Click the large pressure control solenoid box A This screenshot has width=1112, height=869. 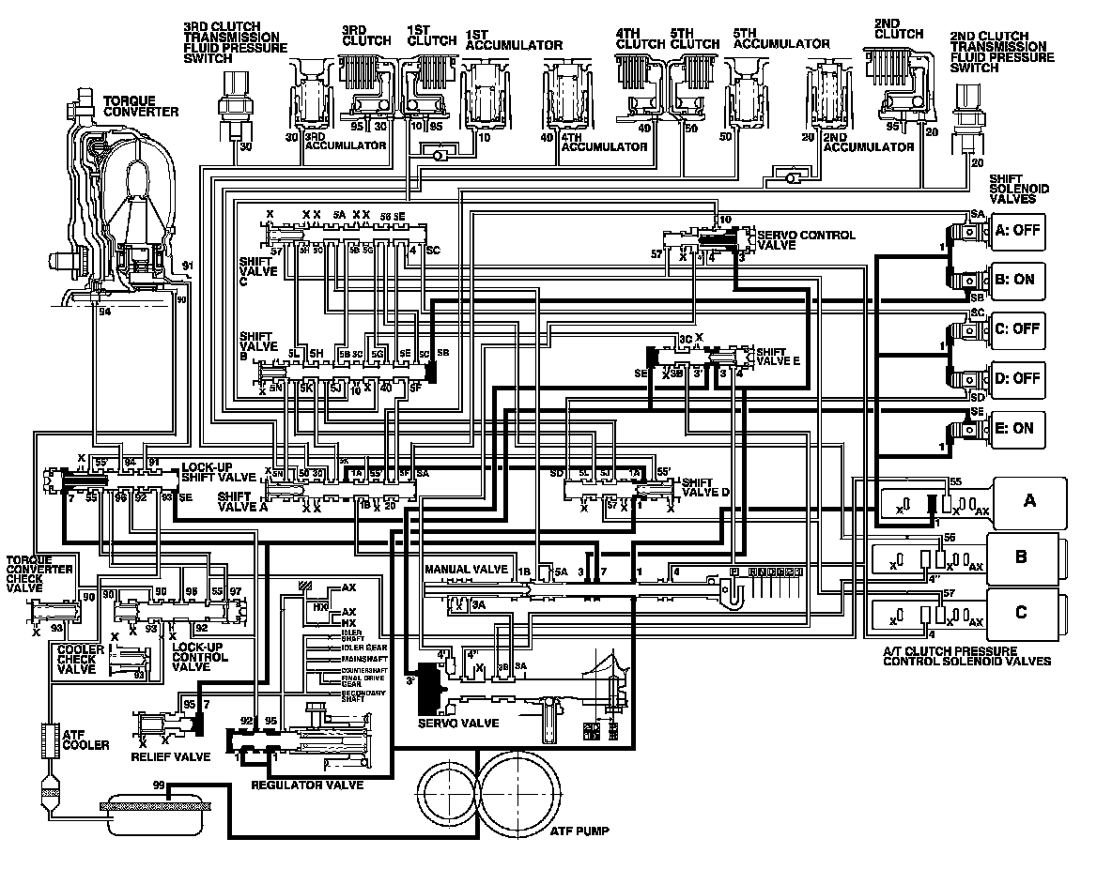(x=1029, y=500)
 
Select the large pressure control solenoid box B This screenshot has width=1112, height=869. (x=1023, y=556)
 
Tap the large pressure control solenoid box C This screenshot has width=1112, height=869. (x=1023, y=613)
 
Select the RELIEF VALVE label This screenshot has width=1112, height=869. (x=171, y=756)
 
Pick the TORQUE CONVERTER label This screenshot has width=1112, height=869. (x=141, y=105)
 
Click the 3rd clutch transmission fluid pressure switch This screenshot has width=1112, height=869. (x=230, y=103)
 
